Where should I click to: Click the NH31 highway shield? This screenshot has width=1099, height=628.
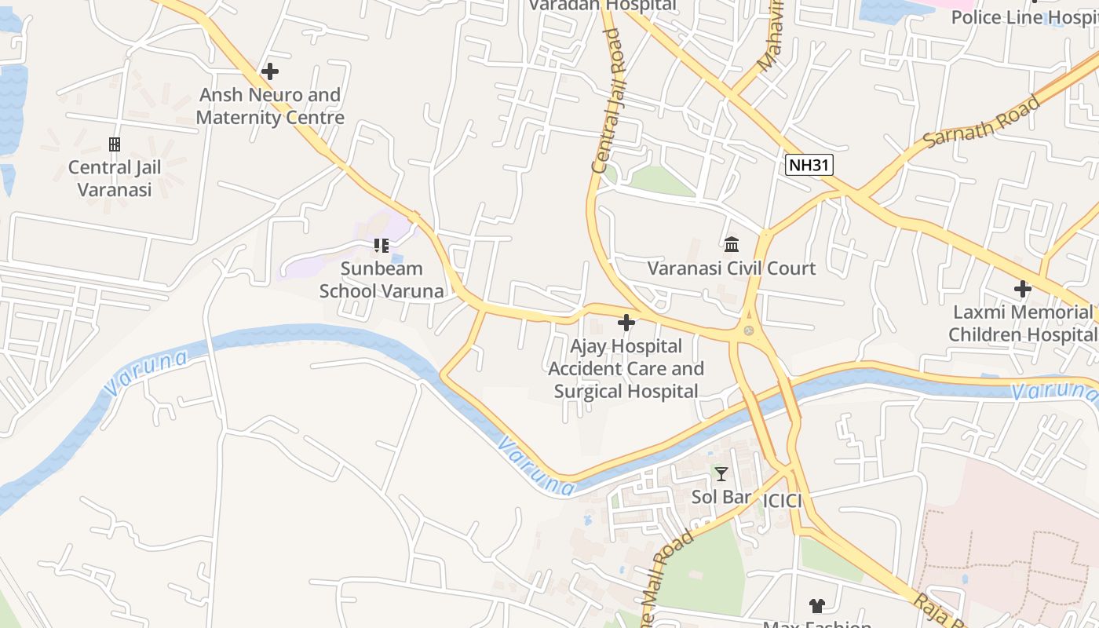[809, 165]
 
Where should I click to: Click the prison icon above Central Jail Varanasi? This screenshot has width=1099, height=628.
[115, 144]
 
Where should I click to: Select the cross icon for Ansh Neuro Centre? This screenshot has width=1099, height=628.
[270, 71]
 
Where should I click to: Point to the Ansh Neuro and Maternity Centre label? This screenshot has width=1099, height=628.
[270, 106]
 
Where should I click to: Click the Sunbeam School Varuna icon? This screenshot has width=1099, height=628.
[382, 246]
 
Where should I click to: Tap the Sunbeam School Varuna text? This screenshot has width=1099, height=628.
[382, 279]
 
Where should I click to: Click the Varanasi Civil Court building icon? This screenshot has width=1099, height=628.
[732, 245]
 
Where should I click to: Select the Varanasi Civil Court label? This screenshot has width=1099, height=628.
[732, 268]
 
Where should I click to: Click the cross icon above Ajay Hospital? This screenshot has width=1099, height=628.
[626, 323]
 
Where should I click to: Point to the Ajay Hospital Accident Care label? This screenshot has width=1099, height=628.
[626, 368]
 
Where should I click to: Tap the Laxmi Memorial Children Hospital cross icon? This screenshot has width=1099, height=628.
[1022, 289]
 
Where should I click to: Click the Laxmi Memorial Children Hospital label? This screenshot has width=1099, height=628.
[1022, 323]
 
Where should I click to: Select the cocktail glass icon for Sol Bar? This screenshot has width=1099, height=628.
[721, 473]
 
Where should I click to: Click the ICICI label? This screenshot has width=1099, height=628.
[783, 501]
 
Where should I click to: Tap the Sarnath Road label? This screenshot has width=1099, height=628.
[981, 122]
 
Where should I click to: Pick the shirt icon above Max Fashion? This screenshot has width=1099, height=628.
[817, 605]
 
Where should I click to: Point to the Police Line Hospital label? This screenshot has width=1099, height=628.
[1024, 17]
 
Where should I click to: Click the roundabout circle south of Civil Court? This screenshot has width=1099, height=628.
[748, 331]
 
